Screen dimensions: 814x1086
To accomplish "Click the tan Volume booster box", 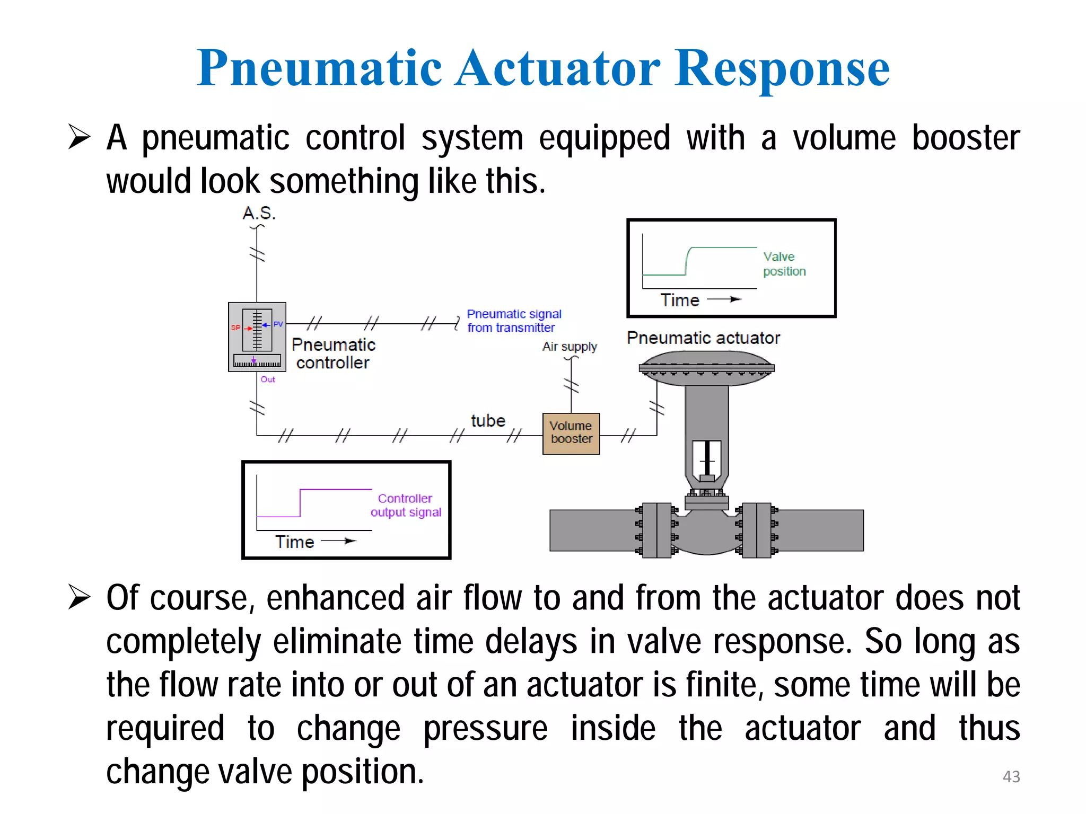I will [x=571, y=433].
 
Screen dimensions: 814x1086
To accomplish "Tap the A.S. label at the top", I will [x=259, y=213].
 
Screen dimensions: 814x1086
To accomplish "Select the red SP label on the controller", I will [x=235, y=328].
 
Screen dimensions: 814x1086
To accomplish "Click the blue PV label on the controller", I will [x=278, y=324].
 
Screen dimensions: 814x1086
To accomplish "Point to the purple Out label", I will [x=268, y=379].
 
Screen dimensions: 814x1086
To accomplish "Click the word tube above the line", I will [x=488, y=421].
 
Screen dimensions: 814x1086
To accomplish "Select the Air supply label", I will [x=570, y=347].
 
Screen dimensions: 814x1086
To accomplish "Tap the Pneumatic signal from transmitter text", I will [x=513, y=321].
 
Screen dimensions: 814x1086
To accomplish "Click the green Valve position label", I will [x=784, y=264].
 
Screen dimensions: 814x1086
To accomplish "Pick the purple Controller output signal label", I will [x=406, y=505].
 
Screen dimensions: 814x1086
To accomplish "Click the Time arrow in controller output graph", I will [x=339, y=541].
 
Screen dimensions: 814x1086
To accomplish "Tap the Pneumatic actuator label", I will [x=703, y=338].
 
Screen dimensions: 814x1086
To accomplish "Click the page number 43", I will [x=1011, y=776].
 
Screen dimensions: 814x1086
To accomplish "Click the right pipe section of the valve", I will [x=820, y=530].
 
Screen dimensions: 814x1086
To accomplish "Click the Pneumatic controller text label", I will [x=333, y=353].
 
